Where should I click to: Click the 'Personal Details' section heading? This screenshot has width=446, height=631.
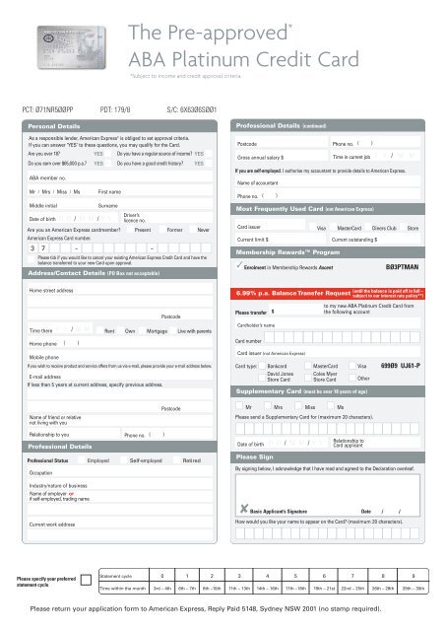[55, 127]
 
